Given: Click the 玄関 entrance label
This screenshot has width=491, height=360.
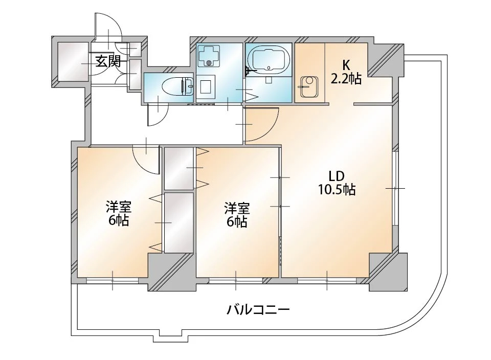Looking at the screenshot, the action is click(x=108, y=61).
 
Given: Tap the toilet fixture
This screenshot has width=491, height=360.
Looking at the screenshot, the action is click(x=177, y=85).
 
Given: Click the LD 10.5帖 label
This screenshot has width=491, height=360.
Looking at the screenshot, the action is click(x=337, y=184).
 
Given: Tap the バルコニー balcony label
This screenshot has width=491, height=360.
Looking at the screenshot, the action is click(x=258, y=310).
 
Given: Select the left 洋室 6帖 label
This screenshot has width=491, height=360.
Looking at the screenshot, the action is click(x=118, y=214).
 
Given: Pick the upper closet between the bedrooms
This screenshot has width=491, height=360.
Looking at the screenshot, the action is click(x=179, y=168).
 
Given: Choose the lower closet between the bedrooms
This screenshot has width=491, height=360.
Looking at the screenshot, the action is click(x=179, y=222).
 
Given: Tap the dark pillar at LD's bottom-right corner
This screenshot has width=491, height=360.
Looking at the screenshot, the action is click(x=388, y=272).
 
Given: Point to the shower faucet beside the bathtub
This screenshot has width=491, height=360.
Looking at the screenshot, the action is click(x=250, y=71).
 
